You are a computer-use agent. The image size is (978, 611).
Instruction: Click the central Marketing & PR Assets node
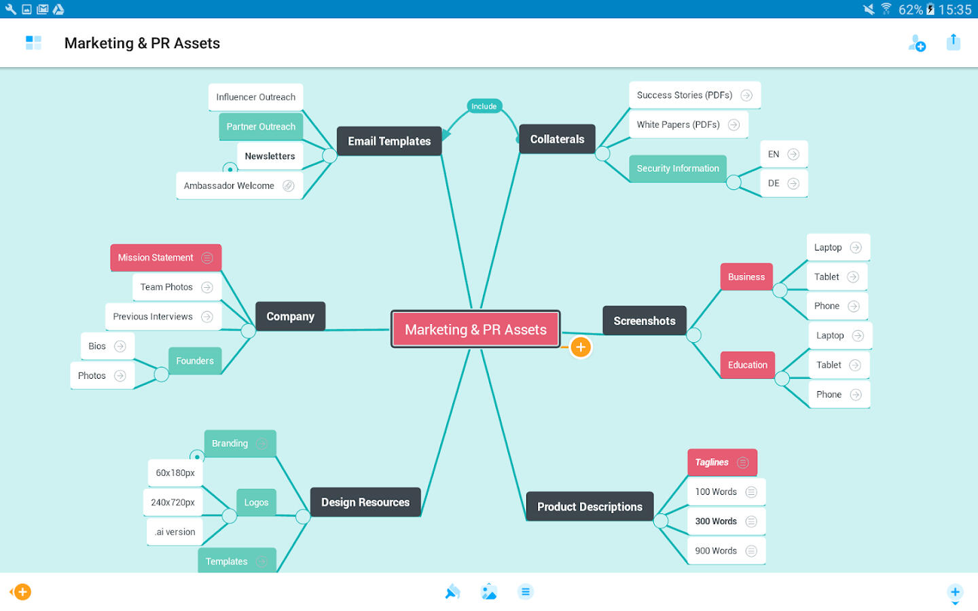point(475,329)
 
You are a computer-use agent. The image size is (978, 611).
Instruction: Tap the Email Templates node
point(389,141)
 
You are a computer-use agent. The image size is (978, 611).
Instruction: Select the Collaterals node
point(557,139)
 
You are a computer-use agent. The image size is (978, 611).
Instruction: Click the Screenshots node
point(644,321)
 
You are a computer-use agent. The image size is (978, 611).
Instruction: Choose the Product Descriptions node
point(590,506)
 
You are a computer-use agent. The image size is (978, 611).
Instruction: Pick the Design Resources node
point(365,502)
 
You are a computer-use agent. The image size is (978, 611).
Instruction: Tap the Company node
point(290,316)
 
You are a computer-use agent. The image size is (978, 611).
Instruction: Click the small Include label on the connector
point(484,106)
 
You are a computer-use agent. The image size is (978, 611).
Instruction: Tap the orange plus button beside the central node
point(581,347)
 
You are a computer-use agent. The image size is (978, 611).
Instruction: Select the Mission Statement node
point(156,258)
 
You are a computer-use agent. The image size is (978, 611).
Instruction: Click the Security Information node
point(678,168)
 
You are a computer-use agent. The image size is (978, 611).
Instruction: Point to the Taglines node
point(712,462)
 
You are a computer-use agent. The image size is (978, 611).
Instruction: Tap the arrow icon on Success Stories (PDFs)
point(746,96)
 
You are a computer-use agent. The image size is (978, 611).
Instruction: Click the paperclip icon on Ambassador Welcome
point(289,186)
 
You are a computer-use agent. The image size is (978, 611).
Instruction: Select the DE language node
point(774,183)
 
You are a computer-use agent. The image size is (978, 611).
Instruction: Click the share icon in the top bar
point(954,42)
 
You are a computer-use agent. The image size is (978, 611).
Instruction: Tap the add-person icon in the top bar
point(917,43)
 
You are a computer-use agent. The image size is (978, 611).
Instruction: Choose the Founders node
point(195,361)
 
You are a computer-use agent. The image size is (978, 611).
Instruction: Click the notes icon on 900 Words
point(751,551)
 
